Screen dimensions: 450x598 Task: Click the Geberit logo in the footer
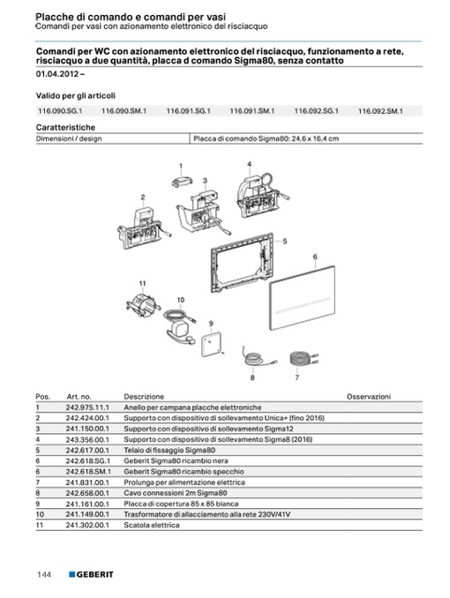pos(91,574)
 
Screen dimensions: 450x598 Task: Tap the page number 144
pos(44,574)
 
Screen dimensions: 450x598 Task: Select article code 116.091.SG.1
pos(189,111)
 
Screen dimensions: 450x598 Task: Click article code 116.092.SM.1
pos(380,111)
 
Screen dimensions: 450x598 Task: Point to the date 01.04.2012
pos(57,73)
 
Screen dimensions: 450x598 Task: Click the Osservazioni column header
pos(369,397)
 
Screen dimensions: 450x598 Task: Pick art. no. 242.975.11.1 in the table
pos(87,407)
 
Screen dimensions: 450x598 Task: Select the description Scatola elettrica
pos(152,525)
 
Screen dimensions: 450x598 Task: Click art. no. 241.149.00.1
pos(87,514)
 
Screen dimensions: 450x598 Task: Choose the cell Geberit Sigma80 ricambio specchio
pos(184,471)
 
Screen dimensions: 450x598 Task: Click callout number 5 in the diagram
pos(285,242)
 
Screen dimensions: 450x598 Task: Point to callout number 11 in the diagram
pos(142,283)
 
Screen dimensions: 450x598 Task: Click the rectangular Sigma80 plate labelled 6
pos(303,298)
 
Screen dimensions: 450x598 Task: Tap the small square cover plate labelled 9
pos(211,344)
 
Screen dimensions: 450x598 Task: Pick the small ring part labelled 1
pos(182,182)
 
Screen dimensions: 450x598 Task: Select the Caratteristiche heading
pos(65,127)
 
